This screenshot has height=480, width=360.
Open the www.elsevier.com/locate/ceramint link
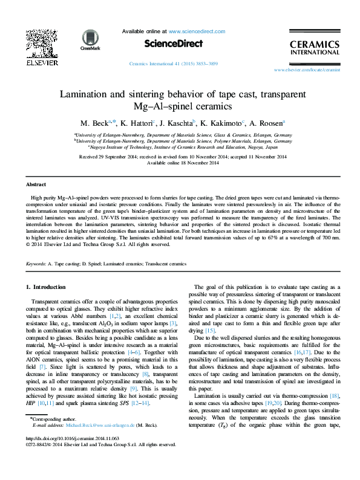307,70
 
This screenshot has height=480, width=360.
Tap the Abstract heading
36,184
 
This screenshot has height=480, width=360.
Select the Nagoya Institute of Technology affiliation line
183,147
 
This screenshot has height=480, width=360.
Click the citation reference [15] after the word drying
211,331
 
